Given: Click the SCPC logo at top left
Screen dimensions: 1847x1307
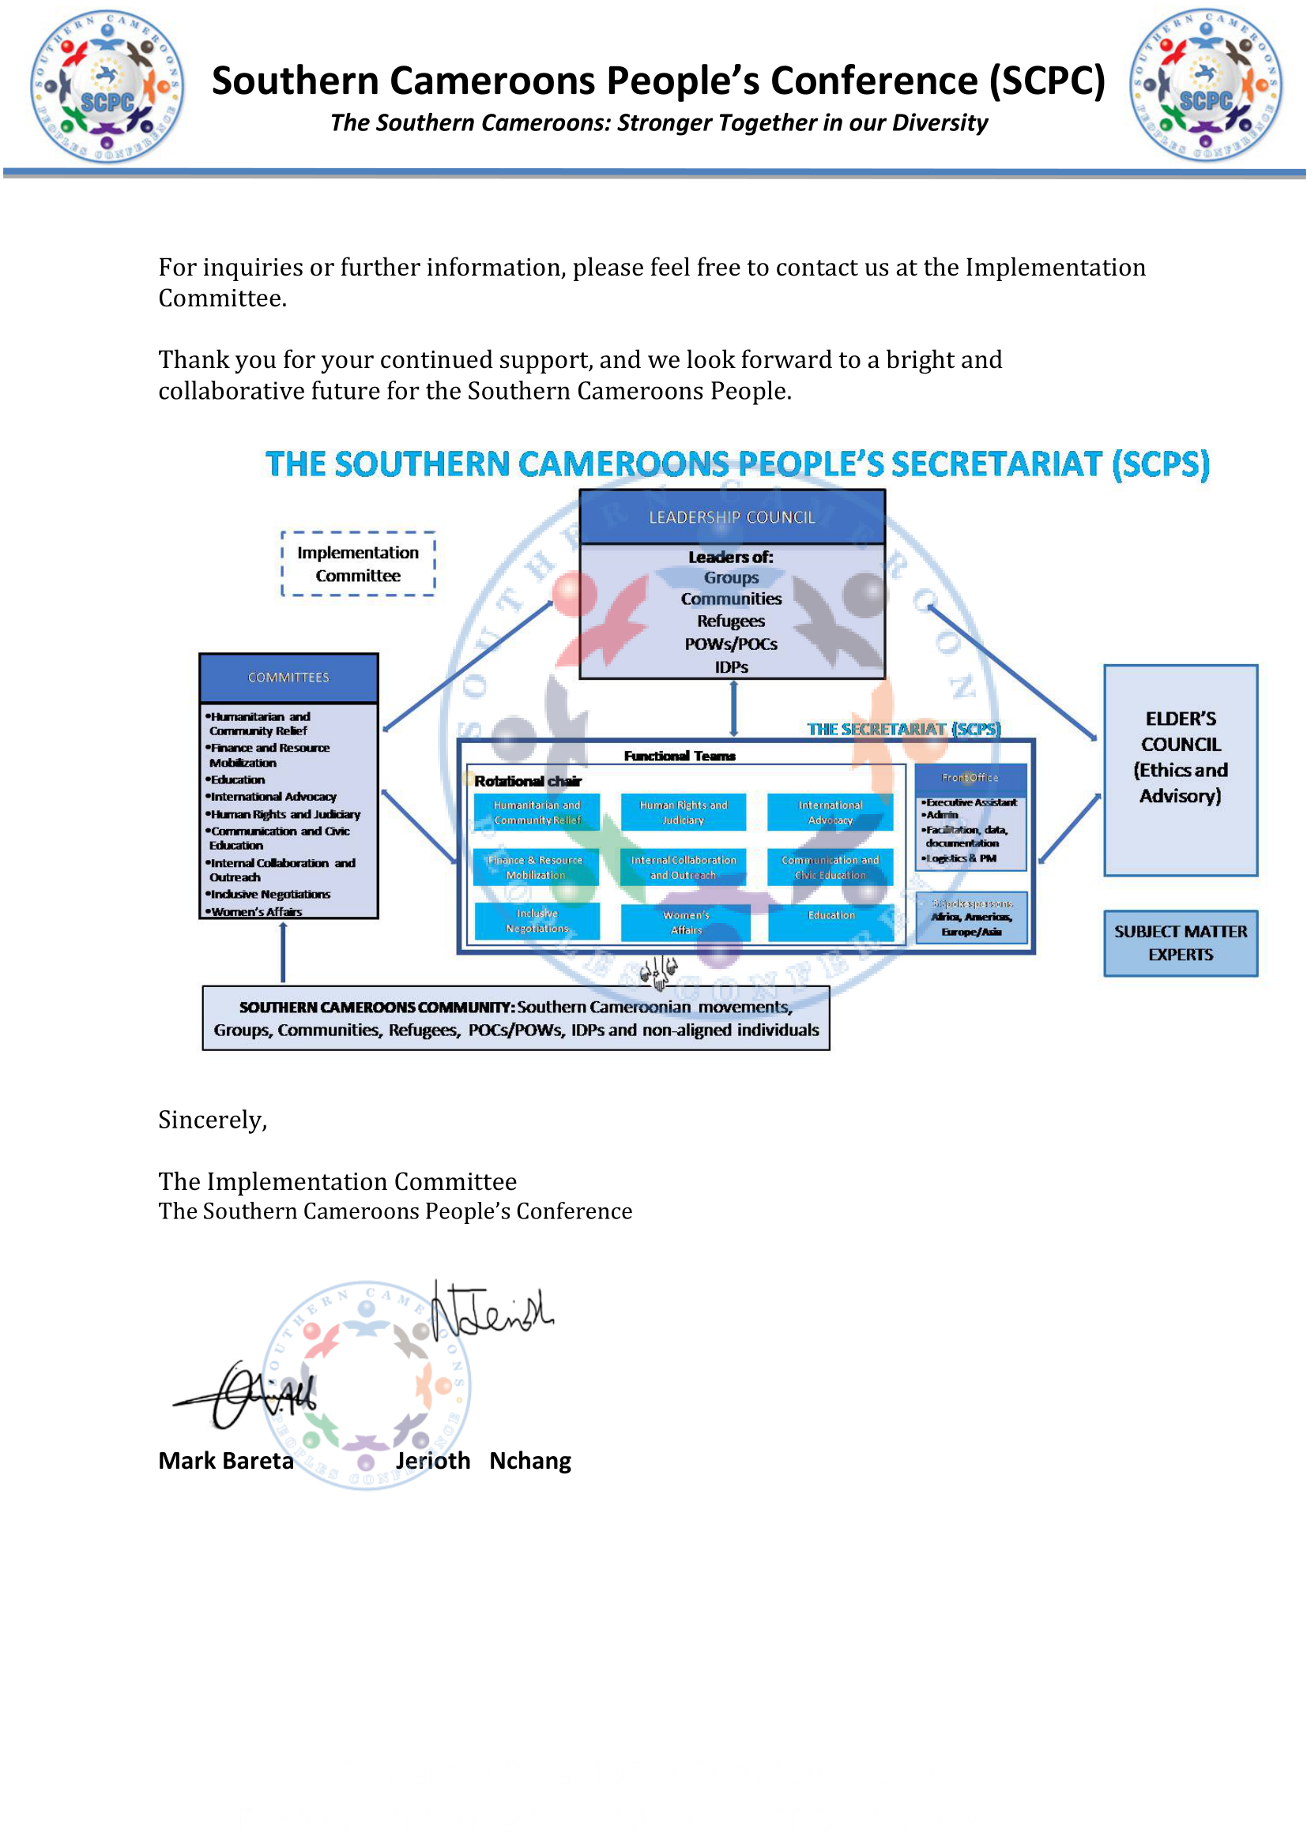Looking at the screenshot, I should tap(107, 86).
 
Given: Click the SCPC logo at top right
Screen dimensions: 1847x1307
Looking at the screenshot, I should tap(1205, 84).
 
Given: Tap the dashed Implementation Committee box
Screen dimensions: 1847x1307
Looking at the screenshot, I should tap(358, 564).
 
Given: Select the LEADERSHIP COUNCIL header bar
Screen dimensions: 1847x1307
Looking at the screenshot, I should tap(732, 517).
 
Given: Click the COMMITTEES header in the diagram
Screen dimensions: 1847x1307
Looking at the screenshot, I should tap(288, 678).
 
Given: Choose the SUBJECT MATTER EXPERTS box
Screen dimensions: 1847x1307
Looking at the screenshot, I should tap(1180, 943).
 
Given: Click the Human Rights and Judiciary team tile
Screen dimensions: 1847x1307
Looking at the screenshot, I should tap(684, 812).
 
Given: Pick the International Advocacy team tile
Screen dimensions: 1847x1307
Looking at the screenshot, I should tap(830, 812).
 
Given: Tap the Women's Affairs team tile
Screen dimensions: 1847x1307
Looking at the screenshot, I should tap(686, 922).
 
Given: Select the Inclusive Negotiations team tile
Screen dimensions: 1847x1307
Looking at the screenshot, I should tap(537, 920).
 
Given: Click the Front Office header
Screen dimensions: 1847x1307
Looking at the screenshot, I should tap(970, 777).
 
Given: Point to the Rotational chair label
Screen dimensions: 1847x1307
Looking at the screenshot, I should tap(527, 781).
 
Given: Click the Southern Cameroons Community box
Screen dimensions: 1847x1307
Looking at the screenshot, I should tap(516, 1018).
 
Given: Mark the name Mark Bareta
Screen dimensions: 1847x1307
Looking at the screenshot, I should tap(226, 1461).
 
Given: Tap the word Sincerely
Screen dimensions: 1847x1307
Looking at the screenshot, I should tap(213, 1120).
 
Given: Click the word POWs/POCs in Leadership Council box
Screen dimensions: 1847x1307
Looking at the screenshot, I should tap(731, 644).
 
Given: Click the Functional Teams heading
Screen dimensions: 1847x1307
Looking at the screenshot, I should tap(680, 756).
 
